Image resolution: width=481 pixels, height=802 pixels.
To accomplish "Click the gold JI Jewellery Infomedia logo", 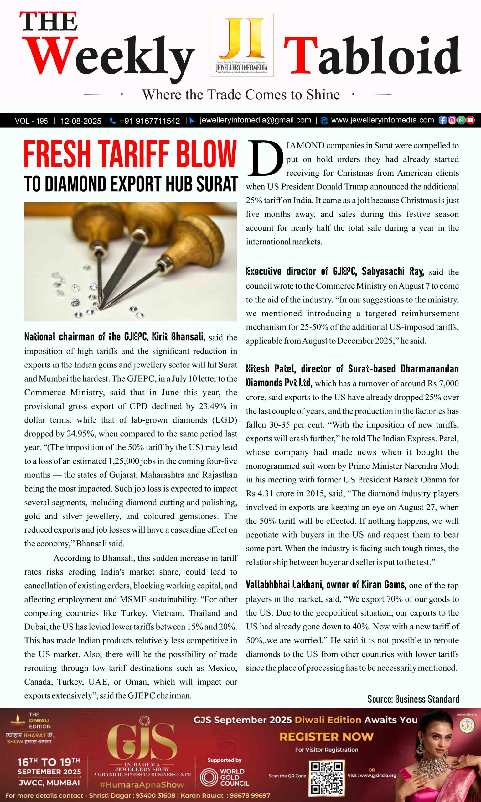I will pos(242,45).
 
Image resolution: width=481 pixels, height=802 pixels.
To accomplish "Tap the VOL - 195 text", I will pos(31,121).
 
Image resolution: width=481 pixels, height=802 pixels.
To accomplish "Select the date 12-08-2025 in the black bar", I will pos(81,121).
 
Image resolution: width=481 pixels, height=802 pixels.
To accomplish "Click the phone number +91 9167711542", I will pos(149,121).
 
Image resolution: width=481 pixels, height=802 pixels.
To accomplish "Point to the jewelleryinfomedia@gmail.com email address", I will pos(255,120).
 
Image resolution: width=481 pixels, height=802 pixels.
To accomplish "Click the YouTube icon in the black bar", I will pos(470,120).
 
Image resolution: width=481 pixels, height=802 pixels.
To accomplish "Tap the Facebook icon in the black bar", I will pos(442,120).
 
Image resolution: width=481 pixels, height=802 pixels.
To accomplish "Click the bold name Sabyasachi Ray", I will pos(392,271).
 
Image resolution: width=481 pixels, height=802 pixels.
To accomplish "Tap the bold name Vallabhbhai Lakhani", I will pos(285,585).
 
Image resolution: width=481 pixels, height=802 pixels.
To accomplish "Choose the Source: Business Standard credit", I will pos(413,699).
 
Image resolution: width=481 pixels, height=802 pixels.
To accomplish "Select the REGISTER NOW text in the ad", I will pos(326,737).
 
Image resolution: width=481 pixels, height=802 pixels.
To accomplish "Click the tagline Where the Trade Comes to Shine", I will pos(240,95).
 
